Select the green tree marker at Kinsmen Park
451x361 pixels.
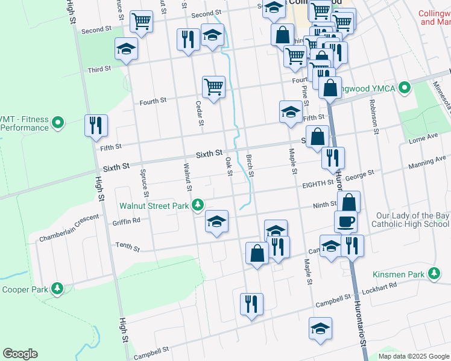coord(434,274)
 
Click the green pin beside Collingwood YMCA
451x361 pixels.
coord(405,88)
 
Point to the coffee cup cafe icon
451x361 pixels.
coord(345,222)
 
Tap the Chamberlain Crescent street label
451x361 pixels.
coord(69,229)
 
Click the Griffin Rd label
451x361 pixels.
coord(126,220)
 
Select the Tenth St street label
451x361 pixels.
coord(127,248)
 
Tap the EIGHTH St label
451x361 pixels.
coord(318,182)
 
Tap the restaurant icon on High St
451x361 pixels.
coord(96,126)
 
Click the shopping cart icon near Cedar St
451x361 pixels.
coord(213,87)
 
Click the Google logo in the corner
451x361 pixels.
coord(20,354)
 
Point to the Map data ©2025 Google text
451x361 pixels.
coord(413,356)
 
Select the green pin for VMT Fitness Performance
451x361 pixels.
coord(58,123)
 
